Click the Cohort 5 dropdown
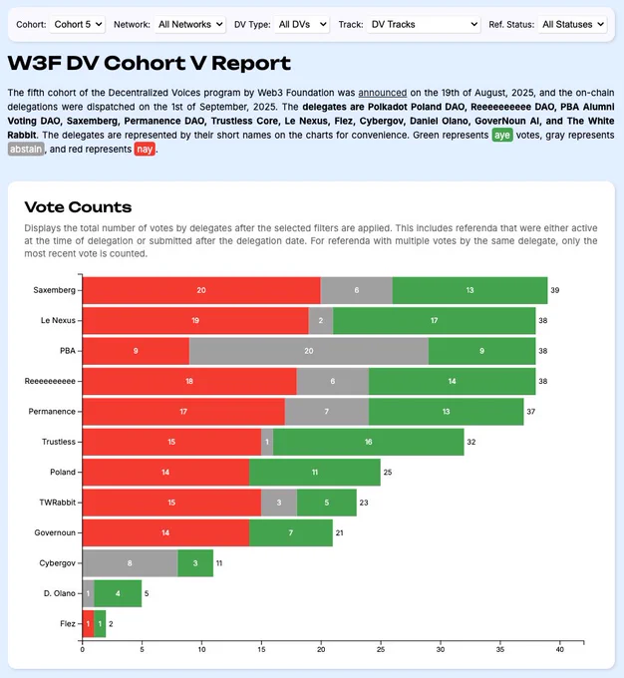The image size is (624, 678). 77,24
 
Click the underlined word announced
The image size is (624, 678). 379,92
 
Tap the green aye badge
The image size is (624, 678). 502,135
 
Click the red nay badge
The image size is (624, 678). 145,150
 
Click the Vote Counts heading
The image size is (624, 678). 78,207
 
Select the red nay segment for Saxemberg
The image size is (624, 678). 200,290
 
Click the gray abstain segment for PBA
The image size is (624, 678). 308,350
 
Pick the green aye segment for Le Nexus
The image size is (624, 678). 435,320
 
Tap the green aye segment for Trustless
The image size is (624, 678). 369,441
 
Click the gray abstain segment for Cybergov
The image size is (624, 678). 130,562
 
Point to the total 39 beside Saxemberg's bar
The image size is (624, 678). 556,290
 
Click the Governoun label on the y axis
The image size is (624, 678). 55,532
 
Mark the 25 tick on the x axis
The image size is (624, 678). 381,650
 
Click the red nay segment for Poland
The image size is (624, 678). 165,471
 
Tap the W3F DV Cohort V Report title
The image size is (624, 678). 150,63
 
